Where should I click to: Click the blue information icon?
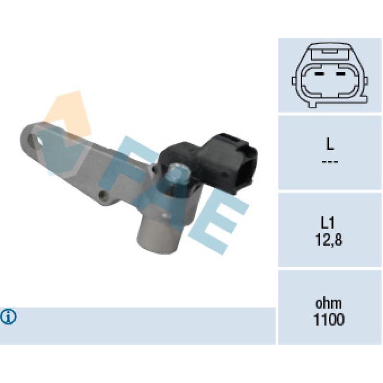click(8, 317)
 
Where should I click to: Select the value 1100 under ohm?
click(328, 319)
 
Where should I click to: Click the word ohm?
click(328, 304)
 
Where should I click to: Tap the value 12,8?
click(328, 240)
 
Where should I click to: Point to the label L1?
click(327, 223)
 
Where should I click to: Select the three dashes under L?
click(330, 162)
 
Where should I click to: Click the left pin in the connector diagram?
click(319, 74)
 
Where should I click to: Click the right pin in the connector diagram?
click(340, 74)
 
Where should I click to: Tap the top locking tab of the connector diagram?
click(330, 52)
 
